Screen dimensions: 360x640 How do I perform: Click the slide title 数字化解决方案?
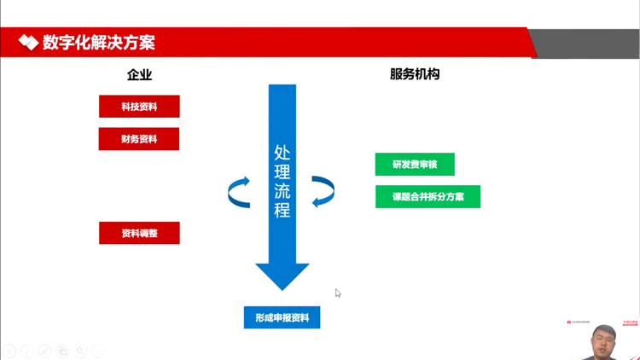[x=99, y=42]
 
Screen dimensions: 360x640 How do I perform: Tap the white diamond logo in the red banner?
[x=28, y=42]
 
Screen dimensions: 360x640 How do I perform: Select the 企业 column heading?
[x=139, y=75]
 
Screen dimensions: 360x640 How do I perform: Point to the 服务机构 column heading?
[x=415, y=74]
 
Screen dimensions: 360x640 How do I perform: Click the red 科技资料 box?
[x=139, y=107]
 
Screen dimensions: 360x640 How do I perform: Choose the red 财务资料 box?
[x=139, y=139]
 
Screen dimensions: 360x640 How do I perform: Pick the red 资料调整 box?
[x=139, y=233]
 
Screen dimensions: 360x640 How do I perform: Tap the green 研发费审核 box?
[x=415, y=165]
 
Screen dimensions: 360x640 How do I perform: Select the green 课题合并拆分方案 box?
[x=428, y=197]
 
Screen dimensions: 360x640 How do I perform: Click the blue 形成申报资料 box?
[x=282, y=317]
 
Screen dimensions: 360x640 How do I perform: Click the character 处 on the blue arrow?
[x=282, y=153]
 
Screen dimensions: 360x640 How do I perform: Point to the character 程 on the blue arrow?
[x=282, y=210]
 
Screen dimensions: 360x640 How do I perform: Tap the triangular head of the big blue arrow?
[x=282, y=276]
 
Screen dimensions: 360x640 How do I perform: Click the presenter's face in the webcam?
[x=603, y=340]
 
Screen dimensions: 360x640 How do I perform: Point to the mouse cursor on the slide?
[x=338, y=293]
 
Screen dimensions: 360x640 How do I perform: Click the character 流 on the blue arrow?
[x=282, y=191]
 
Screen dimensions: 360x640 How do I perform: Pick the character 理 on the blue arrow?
[x=282, y=171]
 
